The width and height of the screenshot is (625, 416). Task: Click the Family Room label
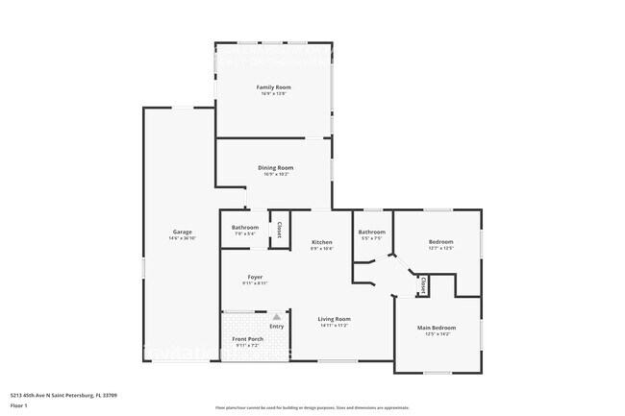tap(274, 87)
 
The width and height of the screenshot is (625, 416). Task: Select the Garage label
tap(182, 232)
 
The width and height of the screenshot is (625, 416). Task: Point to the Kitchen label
tap(322, 241)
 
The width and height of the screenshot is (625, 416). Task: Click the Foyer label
tap(255, 277)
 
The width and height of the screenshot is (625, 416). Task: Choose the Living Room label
tap(336, 319)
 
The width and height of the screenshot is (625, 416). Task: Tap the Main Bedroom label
tap(437, 328)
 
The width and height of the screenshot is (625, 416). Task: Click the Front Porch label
tap(248, 339)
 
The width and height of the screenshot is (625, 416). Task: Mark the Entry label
tap(277, 327)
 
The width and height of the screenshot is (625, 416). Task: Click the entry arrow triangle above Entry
tap(277, 316)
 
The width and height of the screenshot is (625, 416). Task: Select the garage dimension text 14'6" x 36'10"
tap(182, 238)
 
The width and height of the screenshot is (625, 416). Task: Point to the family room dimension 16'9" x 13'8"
tap(274, 94)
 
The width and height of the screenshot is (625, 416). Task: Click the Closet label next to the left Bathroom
tap(279, 231)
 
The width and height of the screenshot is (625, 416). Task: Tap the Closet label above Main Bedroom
tap(423, 285)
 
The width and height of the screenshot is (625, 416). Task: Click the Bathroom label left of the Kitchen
tap(245, 228)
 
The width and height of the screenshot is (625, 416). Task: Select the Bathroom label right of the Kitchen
tap(372, 232)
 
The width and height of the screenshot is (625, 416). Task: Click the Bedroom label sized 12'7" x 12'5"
tap(441, 241)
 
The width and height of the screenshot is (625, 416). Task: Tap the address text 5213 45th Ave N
tap(47, 395)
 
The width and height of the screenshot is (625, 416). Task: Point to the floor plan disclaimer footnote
tap(312, 407)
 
